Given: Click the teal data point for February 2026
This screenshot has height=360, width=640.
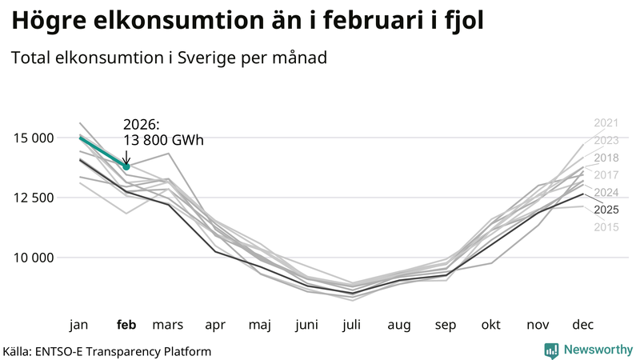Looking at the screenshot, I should pos(126,166).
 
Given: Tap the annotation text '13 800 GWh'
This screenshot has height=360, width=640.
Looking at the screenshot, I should pos(163,141).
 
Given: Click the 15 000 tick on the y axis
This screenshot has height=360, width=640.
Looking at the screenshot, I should pos(33,138).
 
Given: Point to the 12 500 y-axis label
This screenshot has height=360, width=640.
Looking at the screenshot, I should pos(33,198).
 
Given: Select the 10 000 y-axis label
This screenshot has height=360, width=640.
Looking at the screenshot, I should pos(33,258).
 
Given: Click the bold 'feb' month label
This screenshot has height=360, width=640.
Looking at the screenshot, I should pos(126,325).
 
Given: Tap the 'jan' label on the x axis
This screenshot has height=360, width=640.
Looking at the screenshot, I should pos(79,325).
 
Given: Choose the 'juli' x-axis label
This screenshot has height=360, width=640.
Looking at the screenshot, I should pos(353,325).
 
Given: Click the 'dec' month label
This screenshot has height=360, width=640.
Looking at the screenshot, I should pos(582,325).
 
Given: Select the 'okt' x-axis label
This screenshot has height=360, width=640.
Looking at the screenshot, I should pos(490,325).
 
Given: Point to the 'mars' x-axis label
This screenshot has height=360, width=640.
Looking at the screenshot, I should pos(168,325).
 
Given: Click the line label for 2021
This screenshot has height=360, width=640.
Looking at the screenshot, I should pos(606,123).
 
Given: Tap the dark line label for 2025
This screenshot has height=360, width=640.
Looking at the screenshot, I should pos(606,210).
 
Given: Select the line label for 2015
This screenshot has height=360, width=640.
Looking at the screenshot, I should pos(606,228).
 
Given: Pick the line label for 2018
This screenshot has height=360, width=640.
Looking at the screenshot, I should pos(606,158).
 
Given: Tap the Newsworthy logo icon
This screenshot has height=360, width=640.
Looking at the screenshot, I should pos(551,350).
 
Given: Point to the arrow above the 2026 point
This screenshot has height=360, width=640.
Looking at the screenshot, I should pos(126,156).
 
